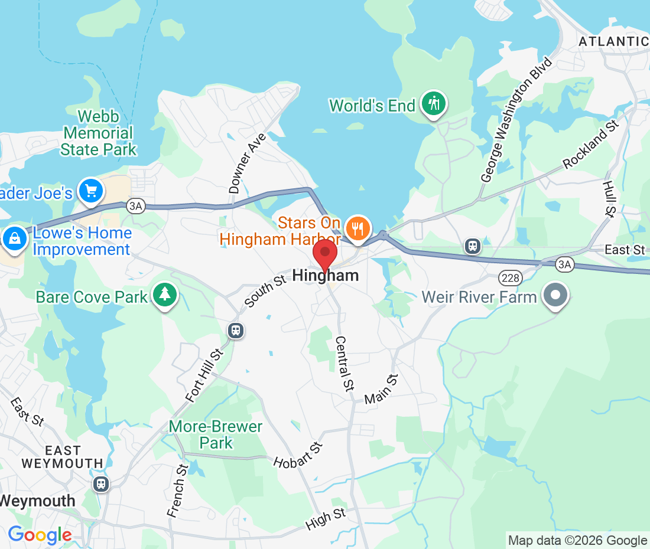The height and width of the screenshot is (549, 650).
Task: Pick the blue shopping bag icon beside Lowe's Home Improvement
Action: [13, 238]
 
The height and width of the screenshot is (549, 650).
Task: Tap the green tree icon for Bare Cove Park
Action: [164, 295]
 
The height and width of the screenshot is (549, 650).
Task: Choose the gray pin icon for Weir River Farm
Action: [555, 295]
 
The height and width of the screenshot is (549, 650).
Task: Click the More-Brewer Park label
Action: [216, 434]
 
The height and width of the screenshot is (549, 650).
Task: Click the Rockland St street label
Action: [590, 145]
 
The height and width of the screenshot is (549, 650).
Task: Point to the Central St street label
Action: [344, 363]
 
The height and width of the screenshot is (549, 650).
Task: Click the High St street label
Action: [326, 519]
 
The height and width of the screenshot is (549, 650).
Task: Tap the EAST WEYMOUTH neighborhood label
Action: [62, 456]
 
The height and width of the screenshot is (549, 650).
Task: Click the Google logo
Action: [40, 535]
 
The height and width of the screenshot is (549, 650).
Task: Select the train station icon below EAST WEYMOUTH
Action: [101, 484]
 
